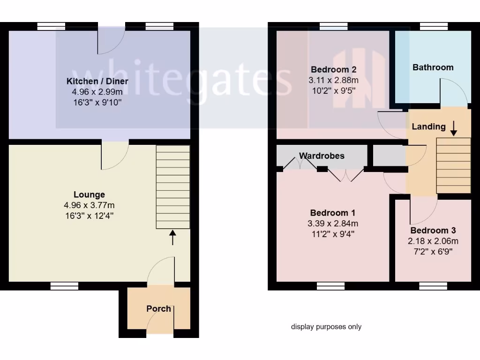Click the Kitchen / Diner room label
pyautogui.click(x=97, y=81)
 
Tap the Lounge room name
pyautogui.click(x=89, y=195)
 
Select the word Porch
pyautogui.click(x=158, y=308)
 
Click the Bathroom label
pyautogui.click(x=433, y=67)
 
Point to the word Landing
pyautogui.click(x=428, y=127)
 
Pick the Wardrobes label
pyautogui.click(x=322, y=156)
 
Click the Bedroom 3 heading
pyautogui.click(x=433, y=231)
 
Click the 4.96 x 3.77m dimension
pyautogui.click(x=89, y=205)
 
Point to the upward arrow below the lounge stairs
pyautogui.click(x=172, y=238)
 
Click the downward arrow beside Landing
pyautogui.click(x=453, y=128)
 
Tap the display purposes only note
pyautogui.click(x=326, y=327)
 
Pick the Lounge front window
pyautogui.click(x=64, y=285)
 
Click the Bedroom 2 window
pyautogui.click(x=333, y=27)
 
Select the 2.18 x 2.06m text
pyautogui.click(x=433, y=241)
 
